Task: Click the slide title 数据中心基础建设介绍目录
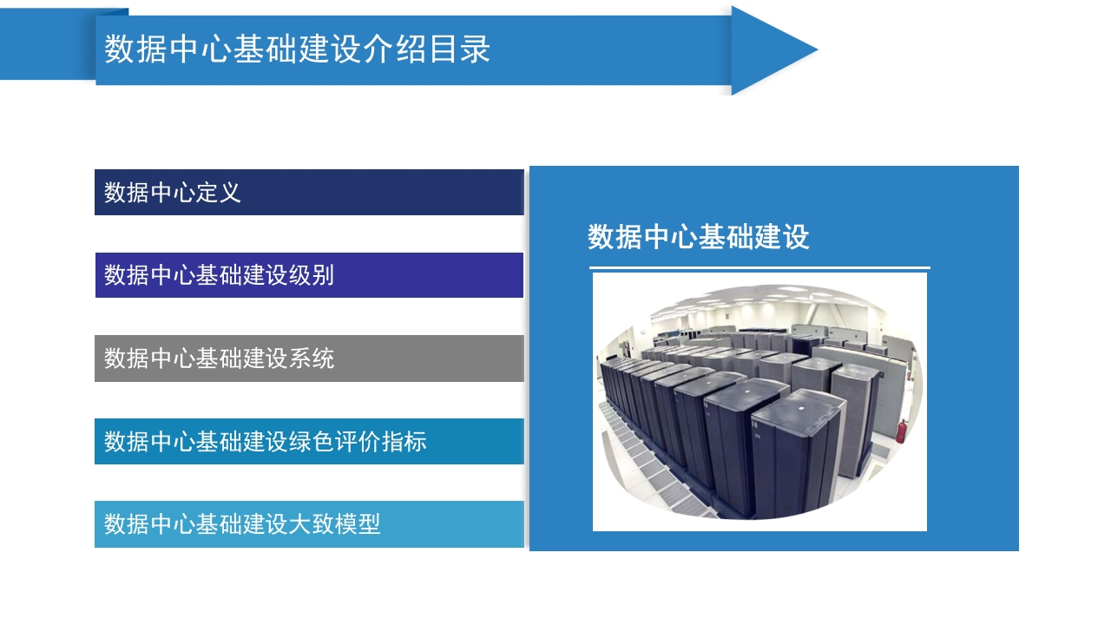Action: click(297, 49)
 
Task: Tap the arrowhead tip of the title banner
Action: click(817, 49)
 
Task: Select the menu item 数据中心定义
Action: click(309, 192)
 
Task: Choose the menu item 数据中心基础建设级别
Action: click(309, 275)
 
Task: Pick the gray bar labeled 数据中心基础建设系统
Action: click(309, 359)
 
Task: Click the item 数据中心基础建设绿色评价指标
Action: click(309, 442)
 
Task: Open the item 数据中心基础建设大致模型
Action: click(309, 524)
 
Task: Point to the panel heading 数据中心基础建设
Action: click(699, 237)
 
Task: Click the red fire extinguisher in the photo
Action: click(901, 431)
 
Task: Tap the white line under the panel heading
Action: click(759, 268)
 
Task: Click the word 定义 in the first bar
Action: click(218, 193)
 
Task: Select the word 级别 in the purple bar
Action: click(312, 275)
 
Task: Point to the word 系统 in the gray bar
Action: click(312, 359)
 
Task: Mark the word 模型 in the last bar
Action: click(358, 524)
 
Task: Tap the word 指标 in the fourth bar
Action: click(404, 442)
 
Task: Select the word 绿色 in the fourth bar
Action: click(312, 442)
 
